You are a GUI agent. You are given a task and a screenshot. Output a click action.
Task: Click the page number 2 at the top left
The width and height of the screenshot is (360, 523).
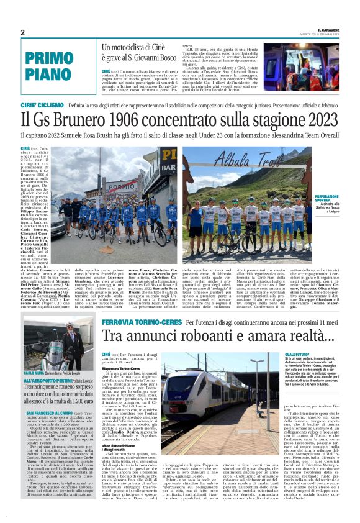point(23,33)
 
